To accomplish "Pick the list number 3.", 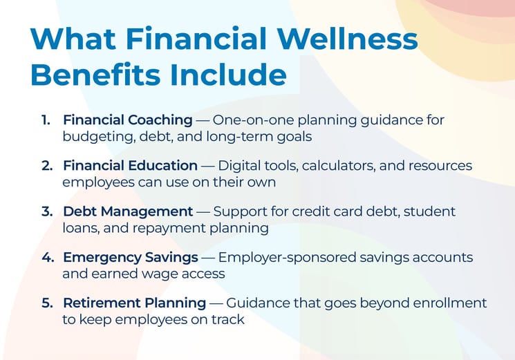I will click(46, 211).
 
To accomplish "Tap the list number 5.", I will click(46, 303).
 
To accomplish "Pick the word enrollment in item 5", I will click(452, 303).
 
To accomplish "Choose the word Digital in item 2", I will click(240, 166).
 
